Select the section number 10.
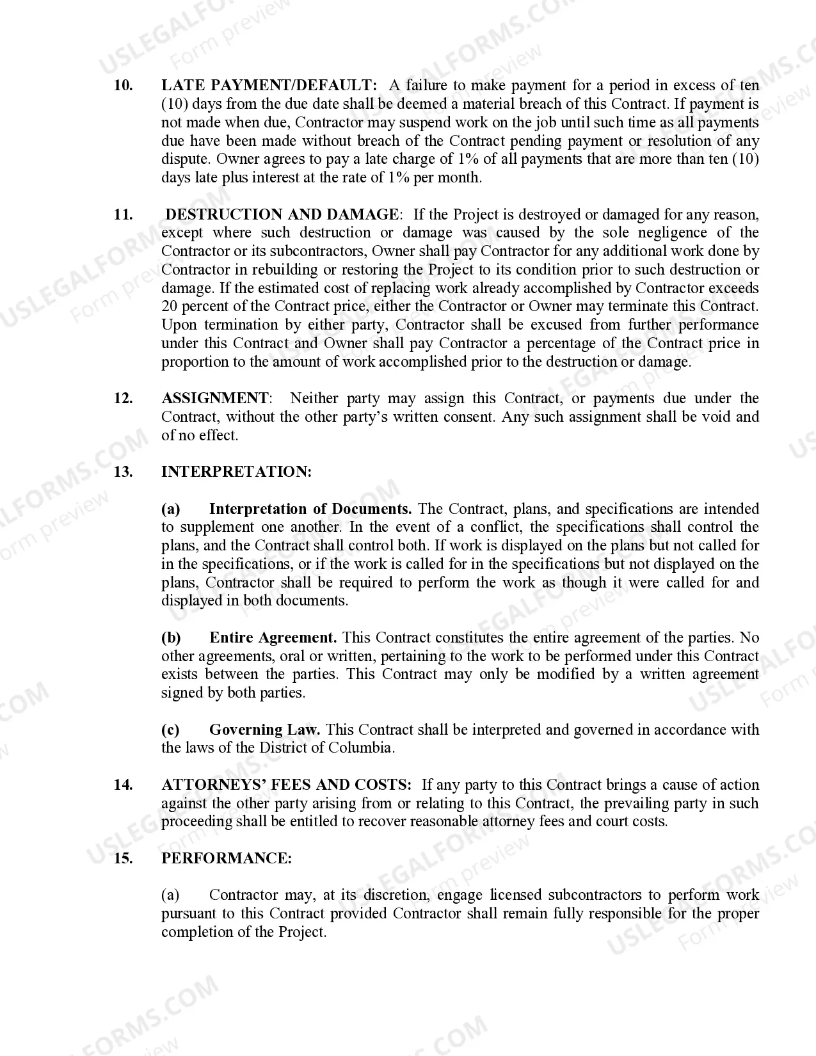click(123, 85)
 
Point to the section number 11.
click(123, 214)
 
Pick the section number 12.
click(123, 398)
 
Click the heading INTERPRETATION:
click(236, 472)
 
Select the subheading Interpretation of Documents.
click(310, 509)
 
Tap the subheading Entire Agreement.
click(273, 637)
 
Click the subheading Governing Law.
click(265, 730)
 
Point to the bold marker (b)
click(171, 637)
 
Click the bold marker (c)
click(170, 730)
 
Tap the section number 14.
click(123, 785)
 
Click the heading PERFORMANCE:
click(227, 858)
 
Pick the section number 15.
click(123, 858)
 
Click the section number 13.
click(123, 472)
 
